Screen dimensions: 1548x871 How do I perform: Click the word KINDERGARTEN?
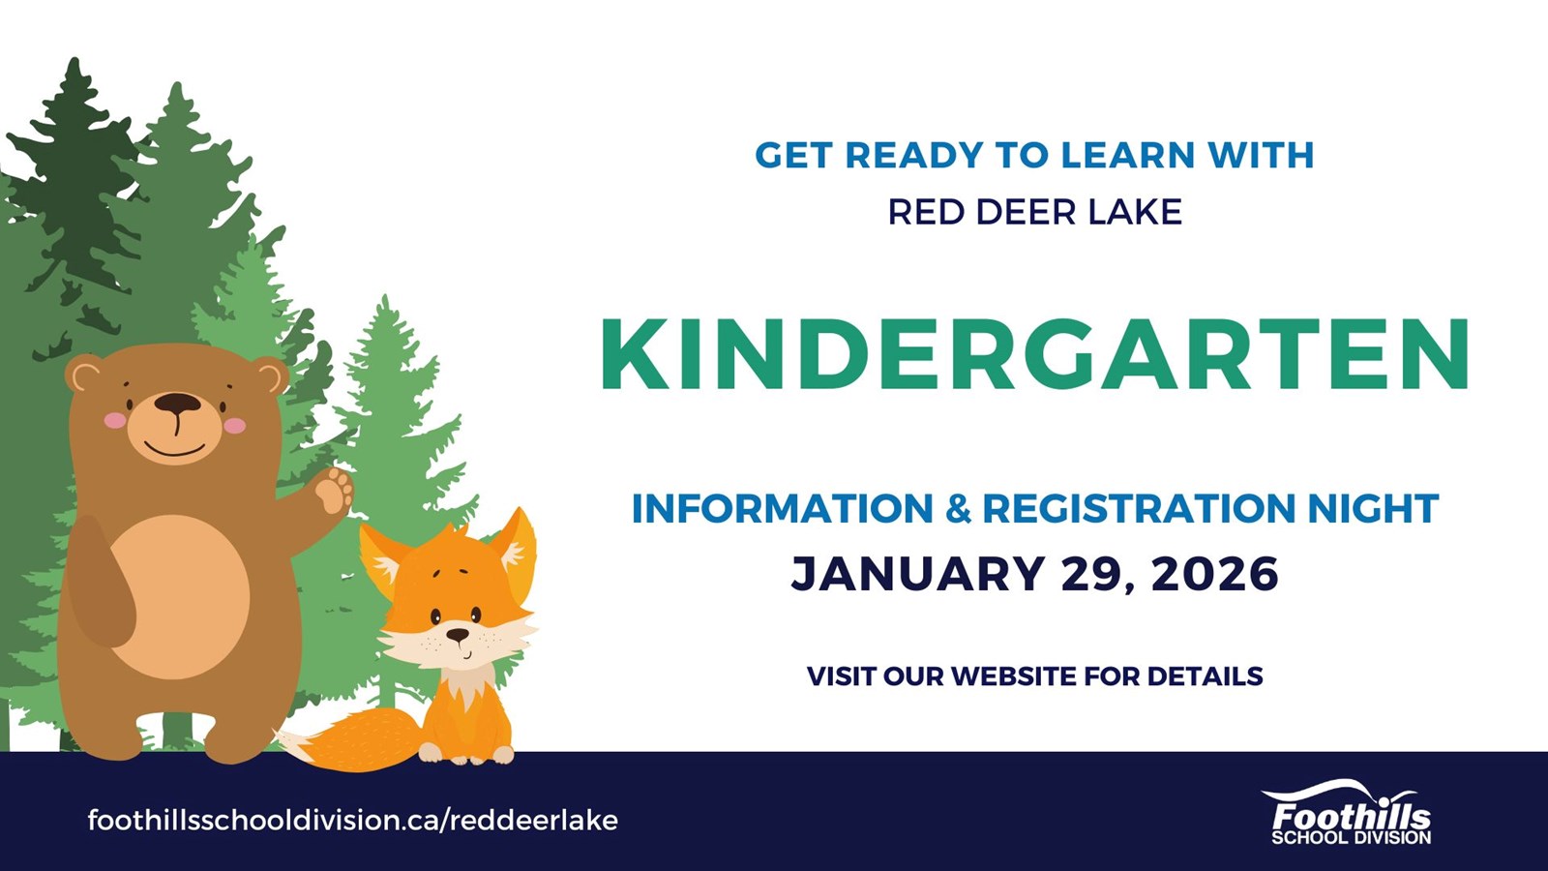point(1035,355)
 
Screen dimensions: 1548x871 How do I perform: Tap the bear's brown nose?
point(178,403)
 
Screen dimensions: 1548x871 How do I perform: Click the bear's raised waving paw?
point(334,491)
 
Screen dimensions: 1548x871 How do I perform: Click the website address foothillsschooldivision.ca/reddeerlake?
point(352,821)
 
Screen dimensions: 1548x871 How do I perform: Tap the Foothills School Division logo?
point(1351,812)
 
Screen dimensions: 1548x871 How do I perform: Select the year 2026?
point(1215,574)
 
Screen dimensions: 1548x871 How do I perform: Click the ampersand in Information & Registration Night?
point(958,508)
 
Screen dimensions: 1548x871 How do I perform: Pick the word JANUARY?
point(917,574)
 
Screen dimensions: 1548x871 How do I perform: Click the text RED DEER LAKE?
point(1034,212)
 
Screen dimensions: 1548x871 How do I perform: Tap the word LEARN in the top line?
point(1127,155)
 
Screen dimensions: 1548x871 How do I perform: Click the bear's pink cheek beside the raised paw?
point(234,425)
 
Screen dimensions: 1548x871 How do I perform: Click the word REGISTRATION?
point(1138,508)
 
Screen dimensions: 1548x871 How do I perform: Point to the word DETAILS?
point(1206,676)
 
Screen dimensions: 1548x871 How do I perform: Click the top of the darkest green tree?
point(74,61)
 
